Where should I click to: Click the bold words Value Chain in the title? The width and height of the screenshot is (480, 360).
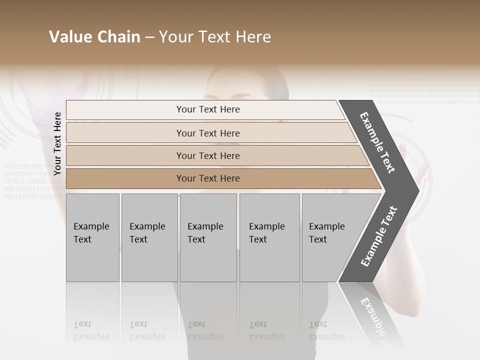click(x=94, y=37)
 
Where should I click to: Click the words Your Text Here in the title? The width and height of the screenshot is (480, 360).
click(x=215, y=37)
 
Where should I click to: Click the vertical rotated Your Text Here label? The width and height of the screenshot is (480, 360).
click(x=57, y=143)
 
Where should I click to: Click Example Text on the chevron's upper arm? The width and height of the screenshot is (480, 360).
click(x=377, y=142)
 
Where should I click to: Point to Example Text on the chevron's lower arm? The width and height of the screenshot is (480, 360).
click(x=378, y=236)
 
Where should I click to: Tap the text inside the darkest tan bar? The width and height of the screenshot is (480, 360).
click(x=208, y=178)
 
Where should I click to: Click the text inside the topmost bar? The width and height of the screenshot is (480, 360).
click(x=208, y=109)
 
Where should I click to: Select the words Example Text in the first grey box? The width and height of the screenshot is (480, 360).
click(x=91, y=232)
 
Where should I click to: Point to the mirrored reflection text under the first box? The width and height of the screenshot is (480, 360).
click(x=91, y=330)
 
